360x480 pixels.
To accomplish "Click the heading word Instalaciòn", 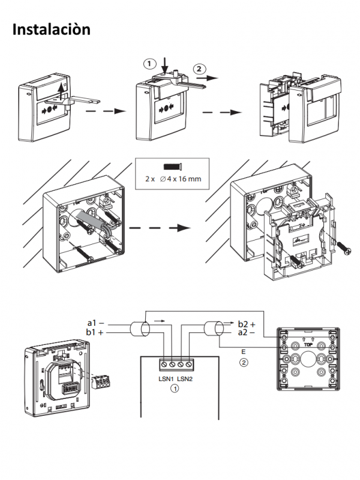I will coord(52,28).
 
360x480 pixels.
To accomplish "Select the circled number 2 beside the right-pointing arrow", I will coord(199,68).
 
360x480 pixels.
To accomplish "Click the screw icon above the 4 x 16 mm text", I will coord(172,167).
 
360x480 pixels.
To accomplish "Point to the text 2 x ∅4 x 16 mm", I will coord(172,179).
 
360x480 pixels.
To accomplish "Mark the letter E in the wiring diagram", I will coord(243,352).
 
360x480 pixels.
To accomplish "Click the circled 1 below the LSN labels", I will coord(175,389).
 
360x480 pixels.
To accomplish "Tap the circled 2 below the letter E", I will coord(243,363).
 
